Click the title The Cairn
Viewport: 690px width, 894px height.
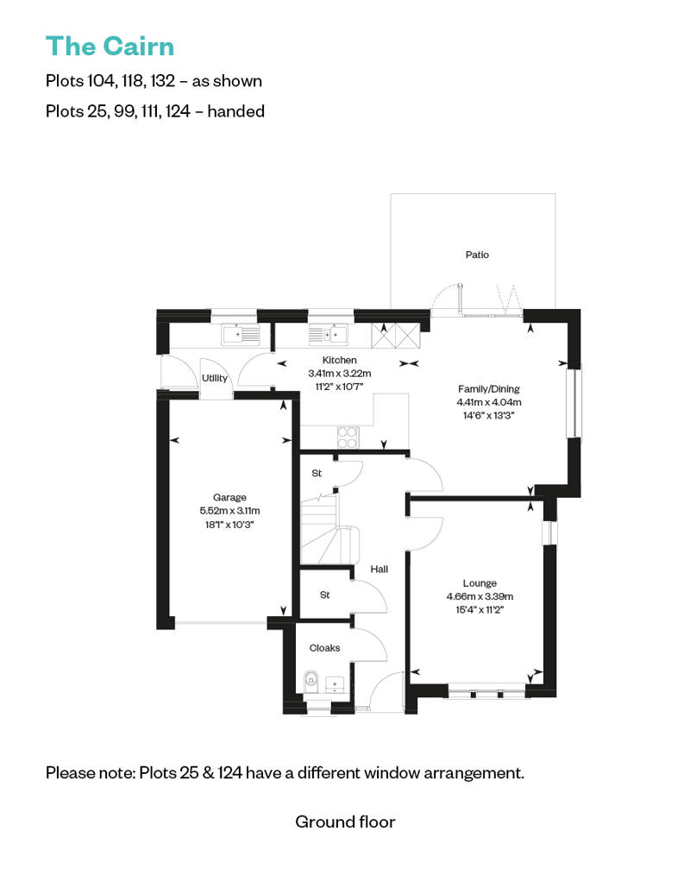[x=110, y=47]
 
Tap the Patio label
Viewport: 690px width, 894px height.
[x=477, y=255]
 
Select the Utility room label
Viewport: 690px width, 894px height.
[x=214, y=378]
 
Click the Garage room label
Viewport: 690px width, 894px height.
[x=229, y=498]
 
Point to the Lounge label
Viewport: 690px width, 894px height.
[x=480, y=583]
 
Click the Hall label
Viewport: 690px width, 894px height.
[x=379, y=569]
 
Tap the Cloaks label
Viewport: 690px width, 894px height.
[x=324, y=648]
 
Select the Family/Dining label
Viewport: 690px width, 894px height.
[x=488, y=389]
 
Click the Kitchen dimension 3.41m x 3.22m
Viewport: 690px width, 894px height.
[x=340, y=374]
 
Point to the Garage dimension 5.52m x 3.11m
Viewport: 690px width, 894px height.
[x=229, y=511]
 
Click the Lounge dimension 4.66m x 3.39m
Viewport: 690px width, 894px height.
[x=480, y=596]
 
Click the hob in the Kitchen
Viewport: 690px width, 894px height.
[x=348, y=438]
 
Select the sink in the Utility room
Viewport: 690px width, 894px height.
[x=241, y=335]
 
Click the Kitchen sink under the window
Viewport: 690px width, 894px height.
[x=329, y=335]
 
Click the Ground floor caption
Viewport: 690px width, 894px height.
[x=345, y=822]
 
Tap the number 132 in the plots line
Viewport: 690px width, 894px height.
[x=162, y=81]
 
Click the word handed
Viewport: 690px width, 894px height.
[x=235, y=110]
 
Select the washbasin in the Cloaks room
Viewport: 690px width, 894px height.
[x=334, y=683]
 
